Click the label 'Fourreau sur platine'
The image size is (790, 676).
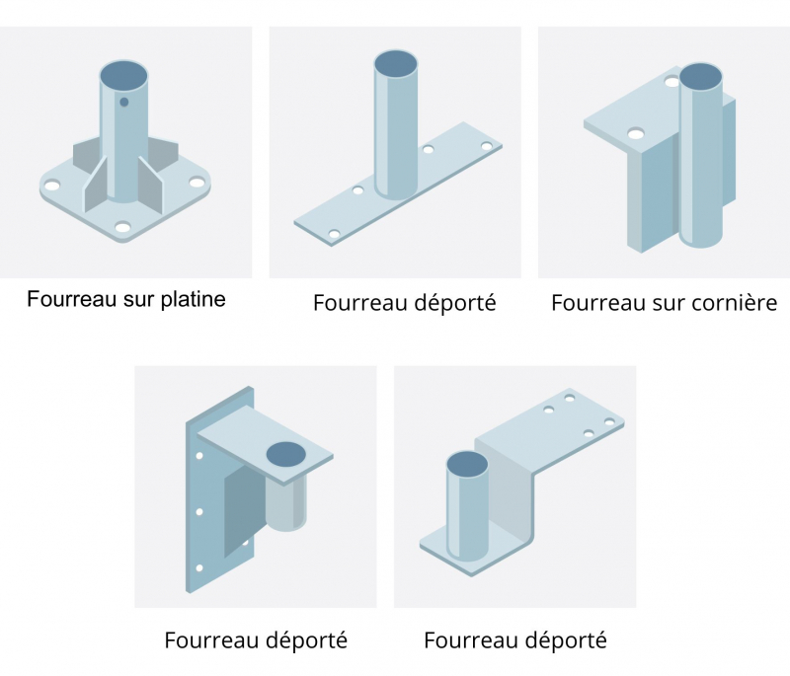pos(126,299)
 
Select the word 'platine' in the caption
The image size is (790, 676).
pos(192,299)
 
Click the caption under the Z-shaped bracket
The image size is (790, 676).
pos(515,640)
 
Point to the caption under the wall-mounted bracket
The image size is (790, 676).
pos(256,640)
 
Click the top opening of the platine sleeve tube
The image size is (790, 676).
pos(124,74)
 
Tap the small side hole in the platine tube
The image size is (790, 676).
pos(124,101)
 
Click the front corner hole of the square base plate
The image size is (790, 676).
pos(122,227)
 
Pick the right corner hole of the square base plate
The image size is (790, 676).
pos(197,184)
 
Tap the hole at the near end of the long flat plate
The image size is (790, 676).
pos(334,234)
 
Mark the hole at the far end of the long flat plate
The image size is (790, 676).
pos(486,146)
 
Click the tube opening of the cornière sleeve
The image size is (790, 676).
pos(701,76)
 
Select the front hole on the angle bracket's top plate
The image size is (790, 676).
pos(636,132)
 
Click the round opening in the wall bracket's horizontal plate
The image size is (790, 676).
pos(286,454)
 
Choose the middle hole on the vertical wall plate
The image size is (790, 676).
pos(200,511)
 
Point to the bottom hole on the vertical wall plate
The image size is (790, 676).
pos(200,567)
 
